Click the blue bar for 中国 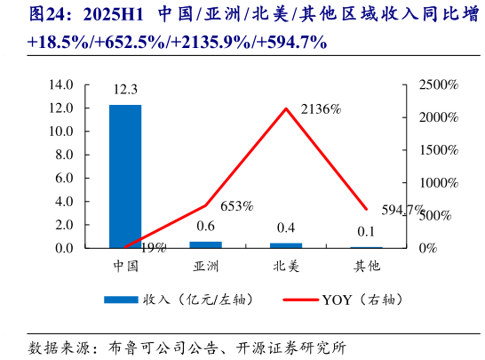(x=125, y=176)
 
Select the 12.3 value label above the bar (x=125, y=91)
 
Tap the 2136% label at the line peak (x=322, y=109)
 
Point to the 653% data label (x=237, y=206)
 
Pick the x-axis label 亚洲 (x=206, y=265)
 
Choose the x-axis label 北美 (x=286, y=265)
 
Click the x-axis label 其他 (x=366, y=265)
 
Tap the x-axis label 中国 (x=125, y=265)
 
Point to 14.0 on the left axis (x=60, y=84)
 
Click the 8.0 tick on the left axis (x=62, y=155)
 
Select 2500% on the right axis (x=439, y=84)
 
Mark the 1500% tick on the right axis (x=439, y=149)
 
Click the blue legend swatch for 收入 (x=121, y=300)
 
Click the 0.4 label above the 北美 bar (x=286, y=228)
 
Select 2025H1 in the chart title (x=116, y=15)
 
